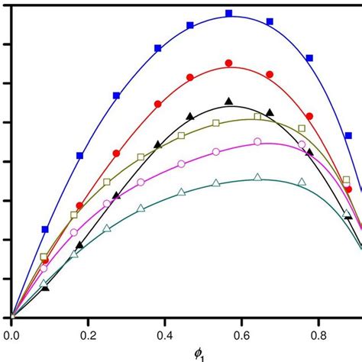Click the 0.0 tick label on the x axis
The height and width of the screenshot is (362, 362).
(x=11, y=334)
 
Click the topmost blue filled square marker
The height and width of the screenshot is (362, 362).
(x=228, y=14)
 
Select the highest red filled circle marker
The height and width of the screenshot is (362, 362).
(x=228, y=63)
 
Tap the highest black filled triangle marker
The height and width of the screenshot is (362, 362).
(x=228, y=101)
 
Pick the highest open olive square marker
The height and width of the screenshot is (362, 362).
(x=257, y=117)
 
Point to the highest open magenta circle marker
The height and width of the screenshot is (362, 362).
(x=257, y=141)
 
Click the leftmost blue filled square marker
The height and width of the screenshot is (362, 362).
(x=45, y=229)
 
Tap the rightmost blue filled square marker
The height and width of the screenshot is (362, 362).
(x=348, y=135)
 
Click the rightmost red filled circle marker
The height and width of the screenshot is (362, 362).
(x=348, y=189)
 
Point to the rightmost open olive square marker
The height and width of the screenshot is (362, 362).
(x=347, y=180)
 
